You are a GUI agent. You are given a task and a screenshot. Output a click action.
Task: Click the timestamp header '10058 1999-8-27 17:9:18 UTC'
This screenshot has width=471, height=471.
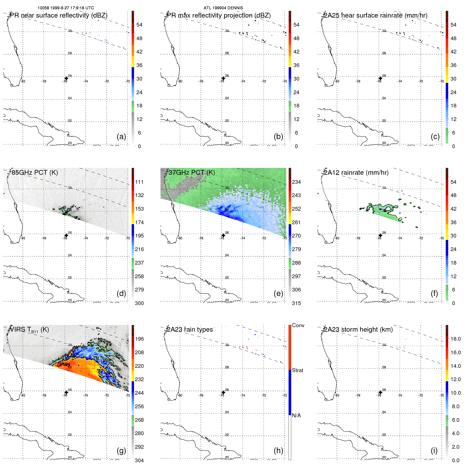(66, 8)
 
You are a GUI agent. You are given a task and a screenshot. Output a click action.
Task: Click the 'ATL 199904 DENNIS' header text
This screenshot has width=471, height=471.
(223, 8)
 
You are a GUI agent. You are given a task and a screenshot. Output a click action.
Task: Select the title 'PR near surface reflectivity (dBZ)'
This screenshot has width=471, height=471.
(59, 15)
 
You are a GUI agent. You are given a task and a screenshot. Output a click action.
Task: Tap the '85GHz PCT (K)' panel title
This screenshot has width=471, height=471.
(35, 172)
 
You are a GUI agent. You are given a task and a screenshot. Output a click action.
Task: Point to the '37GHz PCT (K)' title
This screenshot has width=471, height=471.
(191, 172)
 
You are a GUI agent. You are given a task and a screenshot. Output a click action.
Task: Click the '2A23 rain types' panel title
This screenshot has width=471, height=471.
(190, 330)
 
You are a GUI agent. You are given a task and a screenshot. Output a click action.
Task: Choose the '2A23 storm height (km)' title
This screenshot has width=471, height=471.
(358, 330)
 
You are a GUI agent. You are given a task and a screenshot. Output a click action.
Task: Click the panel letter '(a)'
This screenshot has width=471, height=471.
(121, 136)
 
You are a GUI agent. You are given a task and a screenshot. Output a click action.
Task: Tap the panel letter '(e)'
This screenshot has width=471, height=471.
(278, 293)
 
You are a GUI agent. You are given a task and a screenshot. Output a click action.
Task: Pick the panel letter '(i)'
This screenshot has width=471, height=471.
(434, 451)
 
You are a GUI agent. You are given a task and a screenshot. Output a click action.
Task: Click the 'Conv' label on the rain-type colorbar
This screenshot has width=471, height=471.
(298, 325)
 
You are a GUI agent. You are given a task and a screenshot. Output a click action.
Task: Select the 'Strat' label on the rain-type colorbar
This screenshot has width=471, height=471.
(297, 370)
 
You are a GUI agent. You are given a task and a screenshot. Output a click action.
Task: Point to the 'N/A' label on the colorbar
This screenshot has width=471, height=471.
(296, 415)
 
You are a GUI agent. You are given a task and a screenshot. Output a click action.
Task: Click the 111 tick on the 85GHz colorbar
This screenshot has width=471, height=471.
(139, 182)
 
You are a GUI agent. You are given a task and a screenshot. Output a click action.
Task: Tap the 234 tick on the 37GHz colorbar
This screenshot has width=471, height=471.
(296, 182)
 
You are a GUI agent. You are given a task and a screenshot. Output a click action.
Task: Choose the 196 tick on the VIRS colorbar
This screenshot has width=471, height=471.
(139, 339)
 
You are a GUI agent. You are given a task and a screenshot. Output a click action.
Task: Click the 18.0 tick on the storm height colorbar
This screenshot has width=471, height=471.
(455, 339)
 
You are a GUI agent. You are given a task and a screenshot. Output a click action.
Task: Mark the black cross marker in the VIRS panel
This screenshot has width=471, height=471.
(66, 392)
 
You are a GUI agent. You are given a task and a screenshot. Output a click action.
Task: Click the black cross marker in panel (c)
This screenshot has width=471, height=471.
(380, 78)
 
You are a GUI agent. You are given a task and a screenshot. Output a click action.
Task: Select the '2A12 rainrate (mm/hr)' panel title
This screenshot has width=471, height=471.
(356, 172)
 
